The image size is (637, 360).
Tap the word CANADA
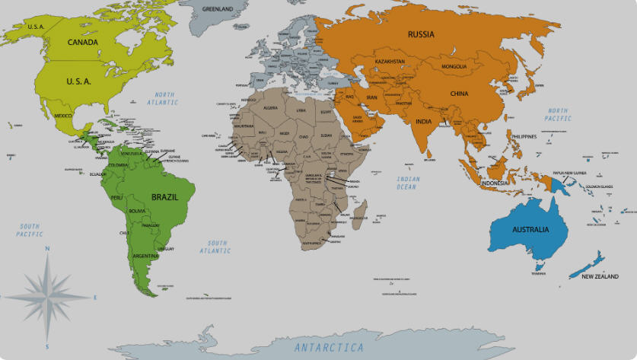[x=83, y=42]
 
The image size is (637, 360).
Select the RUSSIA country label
[x=421, y=34]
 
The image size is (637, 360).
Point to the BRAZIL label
[x=164, y=196]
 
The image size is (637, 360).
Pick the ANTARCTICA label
[x=329, y=347]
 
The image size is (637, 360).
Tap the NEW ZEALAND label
[x=600, y=276]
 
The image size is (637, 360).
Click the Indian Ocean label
[x=408, y=183]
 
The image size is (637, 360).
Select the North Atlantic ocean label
[x=161, y=98]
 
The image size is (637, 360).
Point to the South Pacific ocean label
[x=30, y=230]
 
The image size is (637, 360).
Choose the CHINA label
[x=459, y=94]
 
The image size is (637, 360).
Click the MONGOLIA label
[x=454, y=66]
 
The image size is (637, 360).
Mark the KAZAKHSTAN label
[x=390, y=61]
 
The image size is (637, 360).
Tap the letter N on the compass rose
[x=47, y=248]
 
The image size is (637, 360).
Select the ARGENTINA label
[x=145, y=256]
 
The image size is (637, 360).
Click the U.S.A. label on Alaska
[x=35, y=27]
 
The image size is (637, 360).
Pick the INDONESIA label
[x=494, y=183]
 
